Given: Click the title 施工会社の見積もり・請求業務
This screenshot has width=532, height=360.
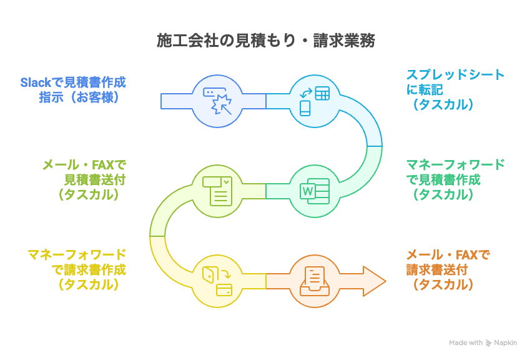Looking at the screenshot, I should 265,42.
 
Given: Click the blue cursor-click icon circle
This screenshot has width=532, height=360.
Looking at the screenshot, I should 217,101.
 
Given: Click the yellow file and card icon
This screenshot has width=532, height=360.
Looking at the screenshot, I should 217,281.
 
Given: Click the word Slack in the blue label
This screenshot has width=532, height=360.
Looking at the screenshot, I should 34,82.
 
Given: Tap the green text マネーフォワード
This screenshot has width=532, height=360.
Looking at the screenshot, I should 455,165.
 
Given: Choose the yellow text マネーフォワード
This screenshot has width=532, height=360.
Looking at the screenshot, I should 77,255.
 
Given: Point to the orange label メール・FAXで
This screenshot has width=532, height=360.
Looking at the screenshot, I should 448,255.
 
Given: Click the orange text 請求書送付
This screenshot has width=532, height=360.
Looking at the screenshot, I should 437,270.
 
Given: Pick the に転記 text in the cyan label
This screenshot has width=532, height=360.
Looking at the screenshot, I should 425,90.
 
